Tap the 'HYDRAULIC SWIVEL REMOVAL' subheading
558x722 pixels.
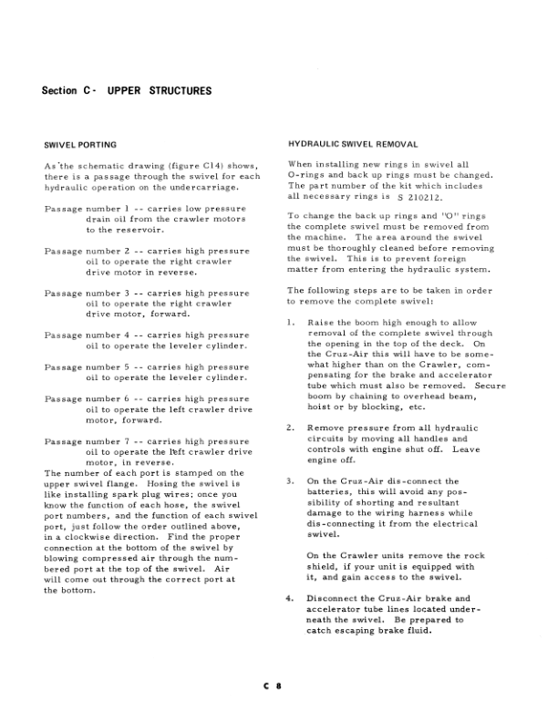353,145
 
